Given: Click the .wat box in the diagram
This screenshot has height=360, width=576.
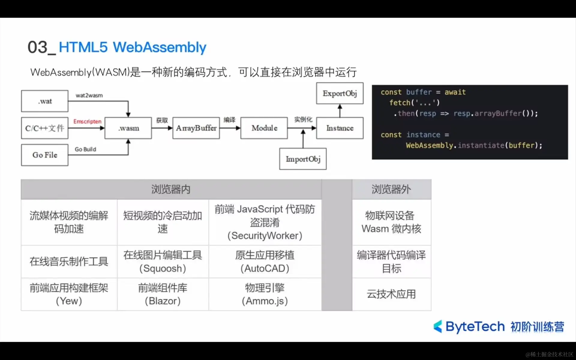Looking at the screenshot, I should (45, 101).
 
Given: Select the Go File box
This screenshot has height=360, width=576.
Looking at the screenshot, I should (45, 155).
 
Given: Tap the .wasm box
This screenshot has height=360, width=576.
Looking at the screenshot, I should (128, 128).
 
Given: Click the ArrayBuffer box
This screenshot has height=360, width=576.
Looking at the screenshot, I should (196, 128).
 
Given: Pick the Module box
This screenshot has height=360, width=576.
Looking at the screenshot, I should (264, 128).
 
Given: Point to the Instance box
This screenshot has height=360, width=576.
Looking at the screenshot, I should (340, 128).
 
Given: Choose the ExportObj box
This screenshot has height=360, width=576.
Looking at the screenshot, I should (340, 93).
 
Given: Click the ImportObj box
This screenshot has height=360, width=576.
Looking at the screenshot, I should (303, 159).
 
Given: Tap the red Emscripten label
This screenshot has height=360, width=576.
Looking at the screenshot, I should (87, 121).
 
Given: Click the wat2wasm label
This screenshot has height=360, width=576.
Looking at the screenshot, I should (89, 95).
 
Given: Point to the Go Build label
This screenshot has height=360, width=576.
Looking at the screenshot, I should (85, 149).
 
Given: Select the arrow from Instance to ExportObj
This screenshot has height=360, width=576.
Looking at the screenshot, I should (340, 111).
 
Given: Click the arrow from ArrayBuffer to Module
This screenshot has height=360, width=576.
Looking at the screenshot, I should (230, 128).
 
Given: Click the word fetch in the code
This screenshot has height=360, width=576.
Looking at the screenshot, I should (400, 103).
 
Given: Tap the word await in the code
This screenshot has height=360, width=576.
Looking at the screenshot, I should (455, 92).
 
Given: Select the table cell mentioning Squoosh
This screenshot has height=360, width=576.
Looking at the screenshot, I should (163, 262).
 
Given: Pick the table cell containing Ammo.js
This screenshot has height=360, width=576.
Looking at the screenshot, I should (265, 294).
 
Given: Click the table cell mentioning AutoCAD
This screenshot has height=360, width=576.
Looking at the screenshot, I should (265, 262).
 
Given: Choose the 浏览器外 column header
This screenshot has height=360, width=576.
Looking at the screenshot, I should (391, 189).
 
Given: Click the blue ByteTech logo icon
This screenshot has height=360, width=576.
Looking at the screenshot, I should (438, 326).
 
